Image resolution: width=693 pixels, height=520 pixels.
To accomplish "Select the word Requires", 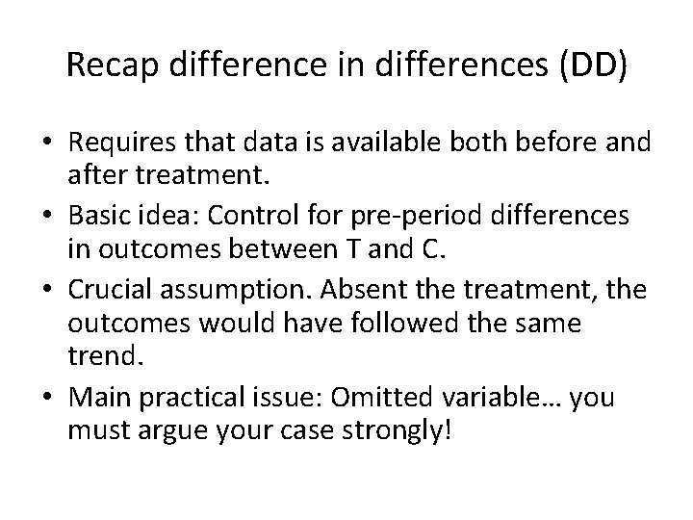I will [x=118, y=143].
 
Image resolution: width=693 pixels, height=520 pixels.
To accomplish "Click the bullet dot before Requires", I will [x=50, y=143].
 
